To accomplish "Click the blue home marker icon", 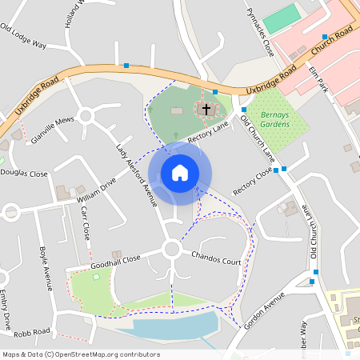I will [x=180, y=173].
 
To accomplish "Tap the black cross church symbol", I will [x=206, y=108].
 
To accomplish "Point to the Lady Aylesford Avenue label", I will [x=135, y=175].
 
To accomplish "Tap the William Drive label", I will [x=97, y=189].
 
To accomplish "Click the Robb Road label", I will [x=32, y=331].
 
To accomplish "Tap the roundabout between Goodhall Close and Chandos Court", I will [x=172, y=249].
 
